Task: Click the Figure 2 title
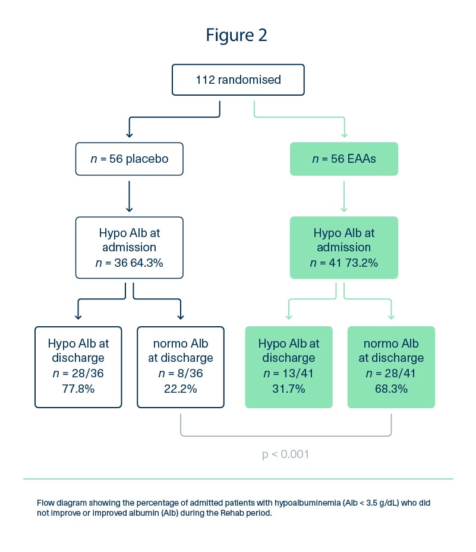(237, 35)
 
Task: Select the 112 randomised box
(238, 80)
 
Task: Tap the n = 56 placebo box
(129, 159)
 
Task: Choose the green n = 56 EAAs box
(344, 159)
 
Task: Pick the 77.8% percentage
(78, 389)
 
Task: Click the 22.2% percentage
(180, 389)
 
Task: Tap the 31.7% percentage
(289, 389)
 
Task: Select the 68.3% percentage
(391, 389)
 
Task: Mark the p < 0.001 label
(285, 454)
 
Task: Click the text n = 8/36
(180, 373)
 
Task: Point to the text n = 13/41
(289, 373)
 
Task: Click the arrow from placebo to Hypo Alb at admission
(129, 197)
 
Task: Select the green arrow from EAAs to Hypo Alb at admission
(344, 197)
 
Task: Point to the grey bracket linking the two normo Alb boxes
(286, 436)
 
